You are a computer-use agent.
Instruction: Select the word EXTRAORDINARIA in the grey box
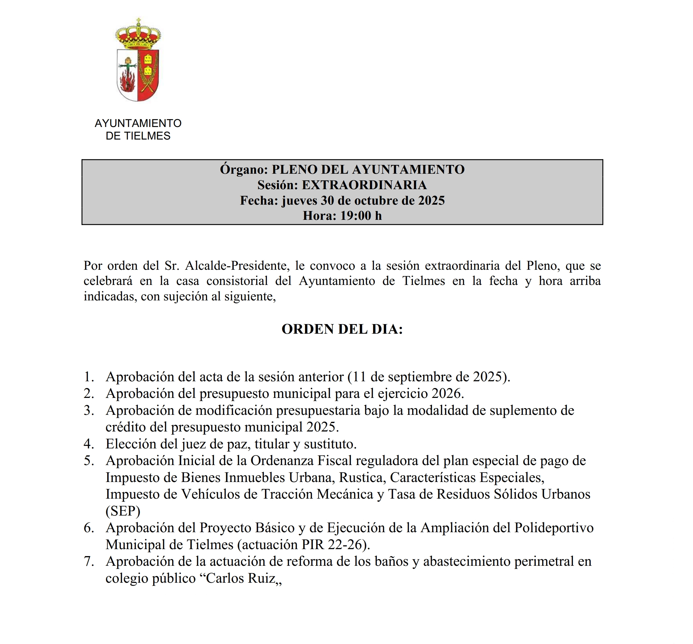click(x=364, y=185)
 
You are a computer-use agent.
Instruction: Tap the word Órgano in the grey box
click(x=244, y=169)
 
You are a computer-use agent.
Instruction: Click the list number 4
click(x=88, y=444)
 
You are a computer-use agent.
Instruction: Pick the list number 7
click(x=88, y=561)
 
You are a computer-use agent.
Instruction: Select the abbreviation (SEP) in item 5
click(x=123, y=511)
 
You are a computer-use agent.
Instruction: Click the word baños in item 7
click(x=391, y=561)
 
